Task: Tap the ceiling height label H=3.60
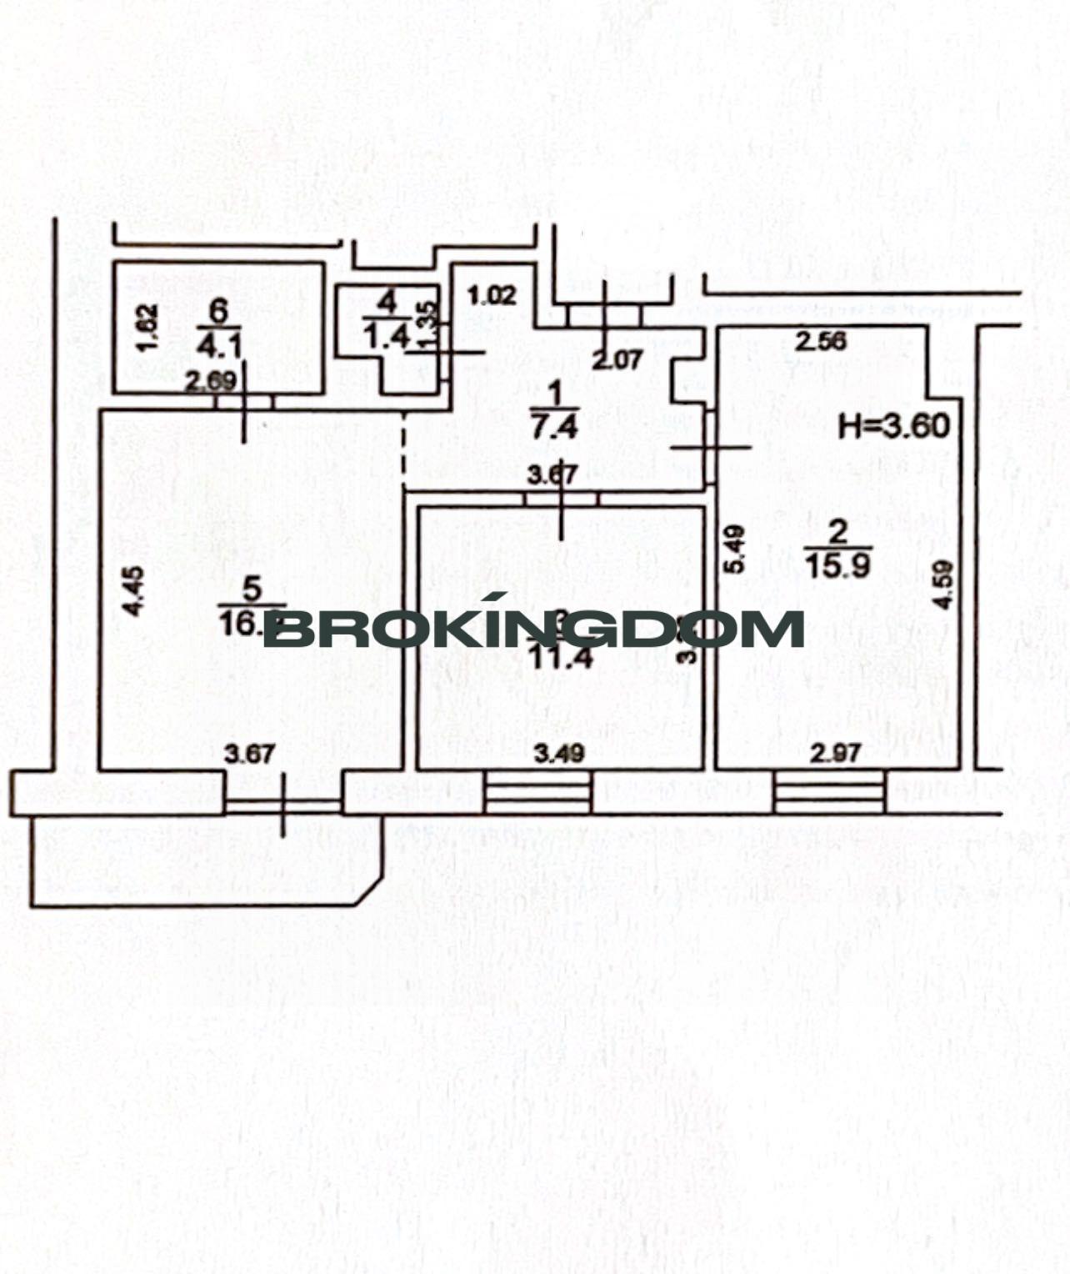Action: click(x=894, y=426)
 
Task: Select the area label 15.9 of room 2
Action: click(x=838, y=565)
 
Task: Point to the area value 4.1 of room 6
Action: click(x=217, y=343)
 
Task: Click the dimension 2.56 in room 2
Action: click(x=820, y=340)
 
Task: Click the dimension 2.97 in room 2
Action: click(x=835, y=755)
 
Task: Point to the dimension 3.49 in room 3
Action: click(x=559, y=755)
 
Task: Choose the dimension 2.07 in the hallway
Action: click(x=617, y=360)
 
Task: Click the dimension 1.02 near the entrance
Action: click(x=492, y=294)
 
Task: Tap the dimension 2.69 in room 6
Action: click(x=211, y=382)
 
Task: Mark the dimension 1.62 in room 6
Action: click(x=144, y=328)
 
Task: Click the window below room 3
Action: click(x=537, y=792)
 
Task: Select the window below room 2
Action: click(x=829, y=792)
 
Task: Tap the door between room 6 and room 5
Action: click(x=244, y=401)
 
